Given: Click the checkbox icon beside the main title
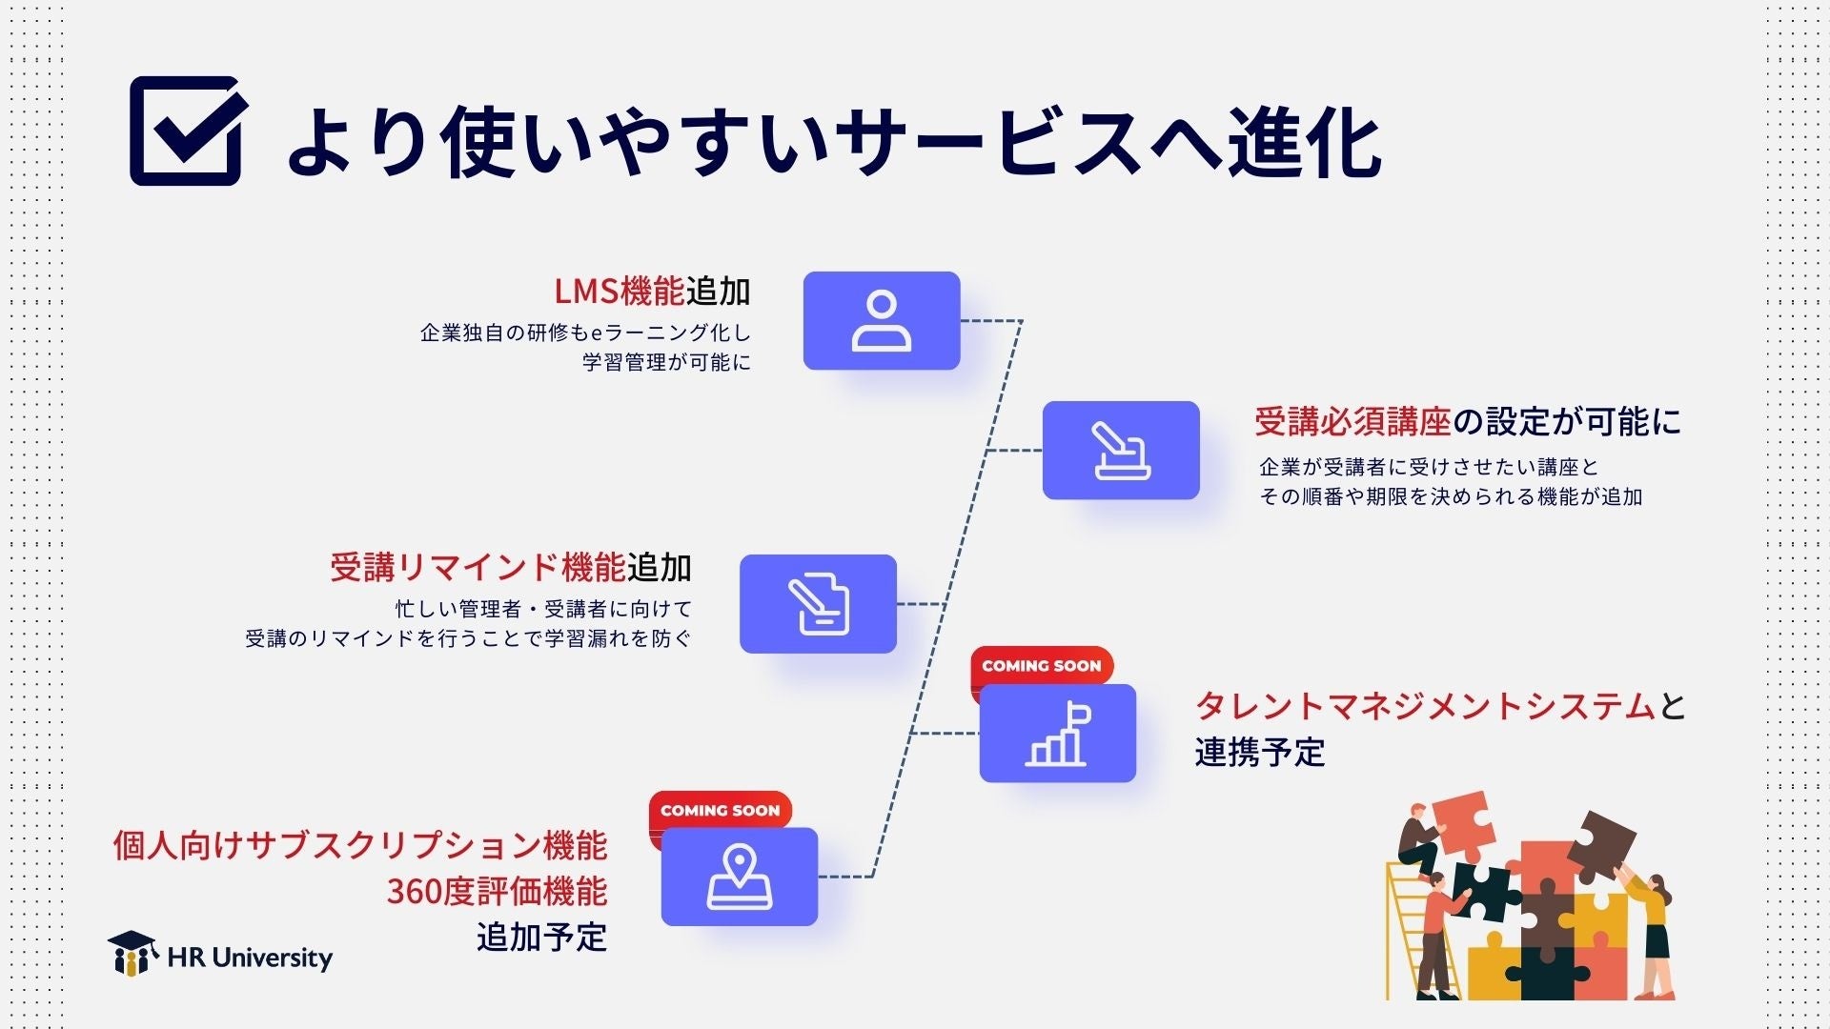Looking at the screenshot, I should click(x=186, y=131).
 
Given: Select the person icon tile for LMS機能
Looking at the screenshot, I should click(x=881, y=321).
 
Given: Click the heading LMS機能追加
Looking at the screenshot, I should click(x=652, y=292).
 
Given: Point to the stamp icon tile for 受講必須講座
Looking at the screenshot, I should click(x=1120, y=451).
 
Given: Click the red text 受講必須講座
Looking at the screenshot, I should click(x=1352, y=421).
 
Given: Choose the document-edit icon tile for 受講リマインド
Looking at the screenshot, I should click(x=818, y=604).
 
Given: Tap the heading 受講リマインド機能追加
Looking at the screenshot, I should click(x=511, y=568).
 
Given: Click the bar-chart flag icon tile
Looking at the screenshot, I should click(x=1058, y=735).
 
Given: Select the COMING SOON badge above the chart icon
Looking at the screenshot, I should click(x=1041, y=666).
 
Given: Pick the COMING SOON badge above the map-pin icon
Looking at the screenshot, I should click(x=720, y=811).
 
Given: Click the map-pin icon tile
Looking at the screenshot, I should click(x=740, y=877).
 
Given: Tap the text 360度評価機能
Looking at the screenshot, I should click(x=497, y=892).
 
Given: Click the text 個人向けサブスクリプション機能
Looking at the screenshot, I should click(x=360, y=845).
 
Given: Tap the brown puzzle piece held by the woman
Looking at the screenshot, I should click(x=1603, y=844).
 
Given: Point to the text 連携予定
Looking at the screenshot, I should click(x=1260, y=753).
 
